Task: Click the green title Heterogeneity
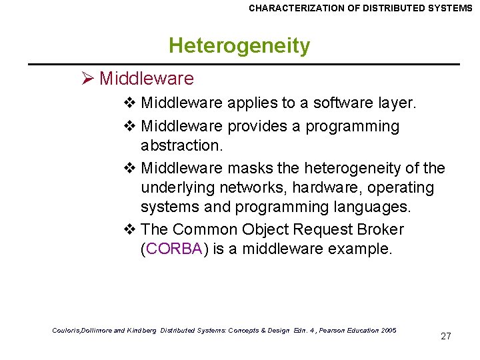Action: [239, 46]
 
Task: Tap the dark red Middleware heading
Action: [147, 79]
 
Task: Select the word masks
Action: [252, 167]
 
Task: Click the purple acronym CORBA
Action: [174, 250]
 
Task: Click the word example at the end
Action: [365, 250]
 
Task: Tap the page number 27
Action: [446, 336]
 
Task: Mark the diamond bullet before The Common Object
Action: [131, 229]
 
